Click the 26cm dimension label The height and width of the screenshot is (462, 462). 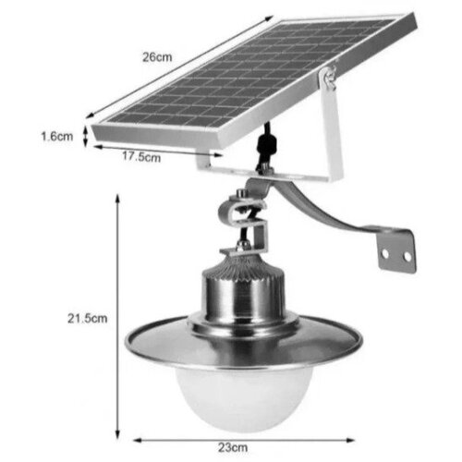click(157, 57)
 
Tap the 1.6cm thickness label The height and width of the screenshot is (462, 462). click(57, 136)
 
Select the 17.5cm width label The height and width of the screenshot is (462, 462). click(141, 156)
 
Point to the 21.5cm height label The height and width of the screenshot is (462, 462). click(88, 318)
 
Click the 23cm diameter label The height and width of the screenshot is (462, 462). click(233, 447)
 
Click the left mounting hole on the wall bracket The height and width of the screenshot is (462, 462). click(385, 253)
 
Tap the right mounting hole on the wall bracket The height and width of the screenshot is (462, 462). click(407, 256)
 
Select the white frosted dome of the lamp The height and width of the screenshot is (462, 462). click(244, 397)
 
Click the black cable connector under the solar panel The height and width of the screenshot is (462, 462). click(265, 144)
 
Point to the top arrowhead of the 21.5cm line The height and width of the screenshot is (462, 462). click(117, 198)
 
